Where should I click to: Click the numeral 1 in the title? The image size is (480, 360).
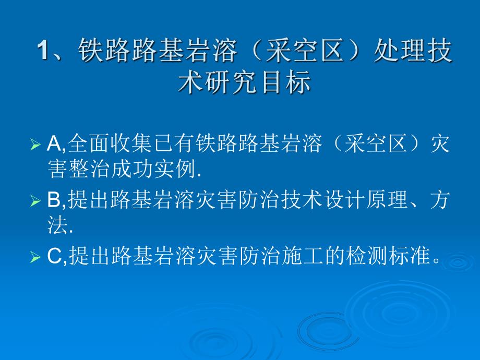pos(43,52)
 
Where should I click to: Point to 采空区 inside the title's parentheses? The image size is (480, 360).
pos(302,52)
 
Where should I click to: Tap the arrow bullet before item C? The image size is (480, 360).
pos(35,258)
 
